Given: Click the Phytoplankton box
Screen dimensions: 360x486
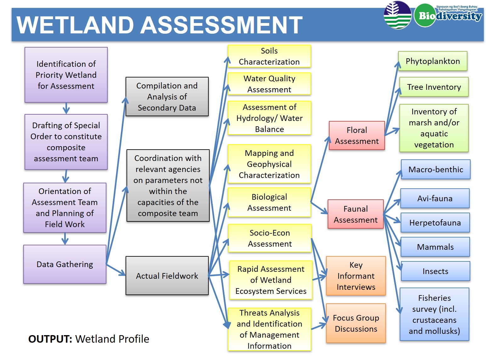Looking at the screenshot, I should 432,61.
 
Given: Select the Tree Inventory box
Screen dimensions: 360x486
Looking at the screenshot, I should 434,87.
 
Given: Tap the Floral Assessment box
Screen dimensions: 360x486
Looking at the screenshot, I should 357,135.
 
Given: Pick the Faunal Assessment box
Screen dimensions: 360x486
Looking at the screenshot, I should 355,214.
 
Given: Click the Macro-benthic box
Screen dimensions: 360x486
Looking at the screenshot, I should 436,169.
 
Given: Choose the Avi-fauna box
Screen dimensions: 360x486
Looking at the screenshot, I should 435,198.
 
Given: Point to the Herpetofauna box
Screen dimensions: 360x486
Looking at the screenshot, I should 435,223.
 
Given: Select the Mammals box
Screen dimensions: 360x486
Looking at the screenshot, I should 435,247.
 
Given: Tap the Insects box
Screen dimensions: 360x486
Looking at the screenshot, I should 435,271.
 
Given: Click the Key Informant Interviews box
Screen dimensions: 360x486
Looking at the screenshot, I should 356,276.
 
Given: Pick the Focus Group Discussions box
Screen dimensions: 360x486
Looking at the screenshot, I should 356,323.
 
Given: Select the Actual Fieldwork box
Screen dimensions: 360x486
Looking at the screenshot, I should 167,276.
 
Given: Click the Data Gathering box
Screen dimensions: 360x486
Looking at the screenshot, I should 65,264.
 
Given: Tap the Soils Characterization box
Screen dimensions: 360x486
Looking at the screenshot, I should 269,56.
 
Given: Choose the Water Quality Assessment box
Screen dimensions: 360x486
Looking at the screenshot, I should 269,84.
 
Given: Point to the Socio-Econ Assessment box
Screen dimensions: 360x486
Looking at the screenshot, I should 270,238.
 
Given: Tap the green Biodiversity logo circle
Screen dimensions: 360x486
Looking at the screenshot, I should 425,15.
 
